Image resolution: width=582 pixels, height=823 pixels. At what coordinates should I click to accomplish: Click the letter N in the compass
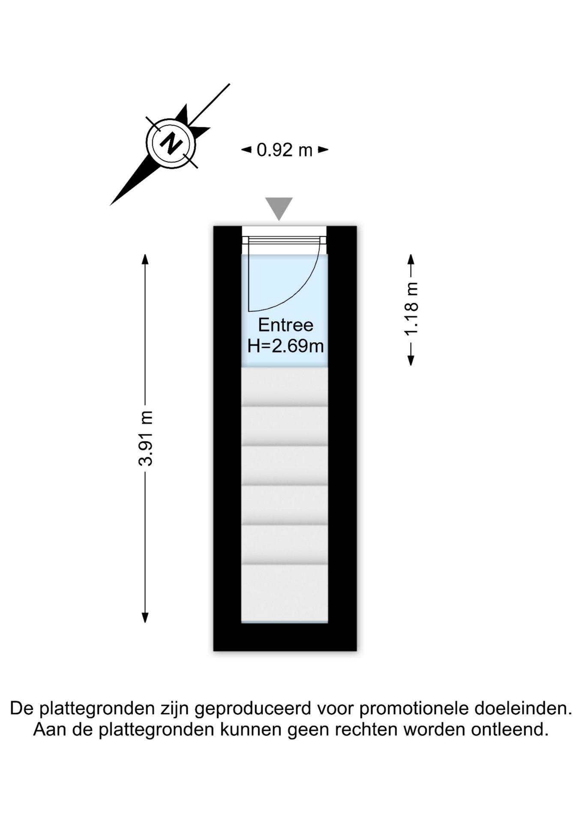(x=171, y=144)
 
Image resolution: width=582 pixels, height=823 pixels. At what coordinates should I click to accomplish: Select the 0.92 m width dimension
(x=285, y=150)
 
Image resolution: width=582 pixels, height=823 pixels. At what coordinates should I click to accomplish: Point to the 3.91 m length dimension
(x=145, y=438)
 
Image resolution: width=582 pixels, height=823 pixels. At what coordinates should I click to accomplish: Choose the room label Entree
(x=285, y=325)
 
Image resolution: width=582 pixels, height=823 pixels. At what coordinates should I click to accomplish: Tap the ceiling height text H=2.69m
(x=285, y=345)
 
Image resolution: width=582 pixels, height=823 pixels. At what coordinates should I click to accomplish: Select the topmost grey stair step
(x=285, y=386)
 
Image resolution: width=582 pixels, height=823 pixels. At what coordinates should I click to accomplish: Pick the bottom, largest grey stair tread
(x=285, y=593)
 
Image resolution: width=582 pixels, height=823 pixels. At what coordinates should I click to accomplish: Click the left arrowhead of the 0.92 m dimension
(x=246, y=150)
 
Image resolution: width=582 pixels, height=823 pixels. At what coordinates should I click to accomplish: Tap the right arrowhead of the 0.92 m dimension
(x=323, y=150)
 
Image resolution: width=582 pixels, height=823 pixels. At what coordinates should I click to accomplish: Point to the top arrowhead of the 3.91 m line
(x=145, y=259)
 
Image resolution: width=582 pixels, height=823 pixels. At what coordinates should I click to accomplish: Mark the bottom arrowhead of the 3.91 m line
(x=145, y=617)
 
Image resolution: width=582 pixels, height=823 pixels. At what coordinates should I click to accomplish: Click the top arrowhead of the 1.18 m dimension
(x=411, y=259)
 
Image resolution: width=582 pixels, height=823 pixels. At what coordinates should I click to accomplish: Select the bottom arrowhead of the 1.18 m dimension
(x=411, y=360)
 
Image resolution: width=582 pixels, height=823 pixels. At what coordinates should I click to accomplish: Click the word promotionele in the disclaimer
(x=414, y=709)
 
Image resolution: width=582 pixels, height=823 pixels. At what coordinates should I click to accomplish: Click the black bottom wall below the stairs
(x=285, y=637)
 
